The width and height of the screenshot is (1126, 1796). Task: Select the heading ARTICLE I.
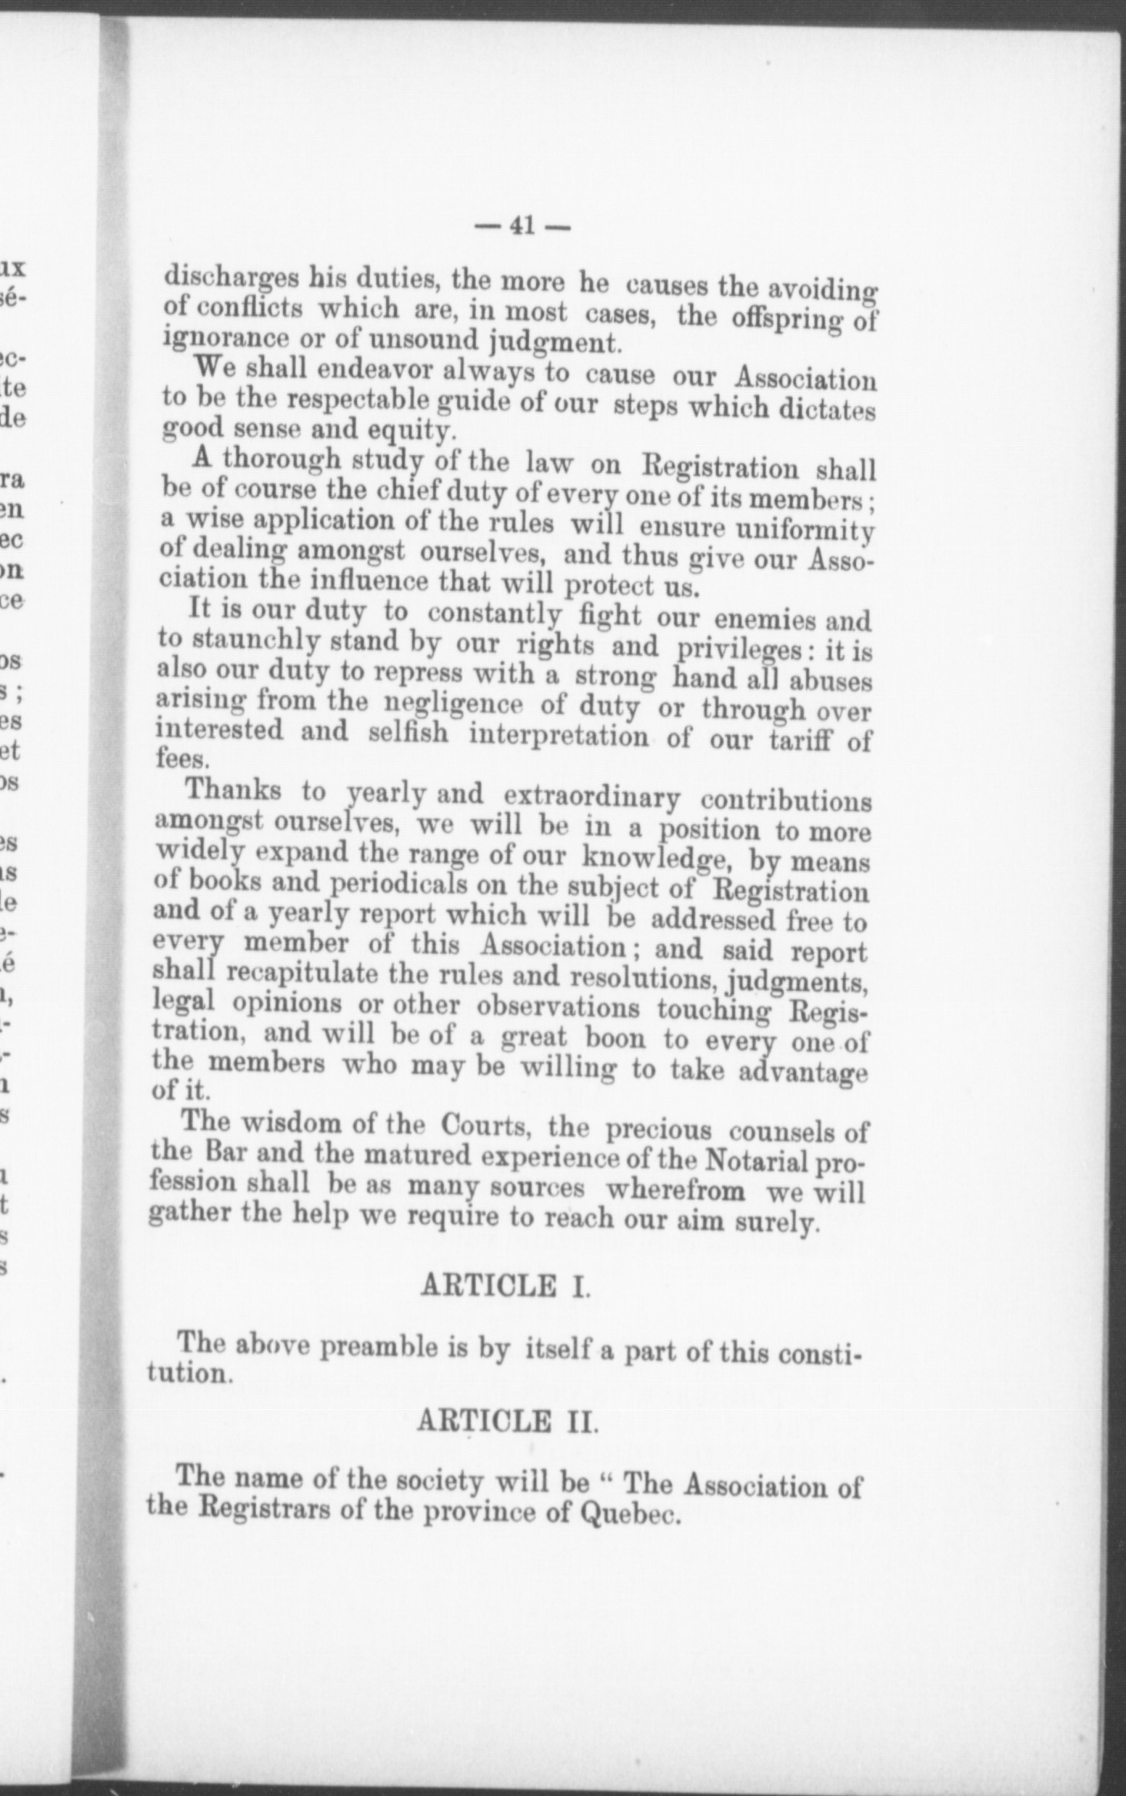tap(505, 1286)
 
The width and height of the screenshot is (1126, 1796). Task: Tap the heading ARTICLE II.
tap(507, 1422)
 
